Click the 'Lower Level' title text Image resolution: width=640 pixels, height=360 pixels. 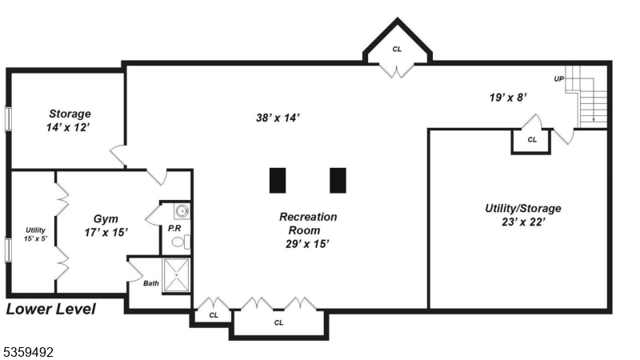(51, 309)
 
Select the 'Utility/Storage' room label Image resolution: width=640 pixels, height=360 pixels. (523, 208)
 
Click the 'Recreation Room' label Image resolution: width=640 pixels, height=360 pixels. (308, 223)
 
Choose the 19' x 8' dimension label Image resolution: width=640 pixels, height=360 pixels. (508, 97)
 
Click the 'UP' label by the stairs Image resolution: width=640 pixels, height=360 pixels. (558, 78)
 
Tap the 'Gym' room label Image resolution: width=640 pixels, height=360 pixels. (106, 218)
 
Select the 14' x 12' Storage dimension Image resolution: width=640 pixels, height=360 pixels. (70, 127)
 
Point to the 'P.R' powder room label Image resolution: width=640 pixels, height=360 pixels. (174, 228)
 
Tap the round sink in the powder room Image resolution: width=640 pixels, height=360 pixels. (182, 212)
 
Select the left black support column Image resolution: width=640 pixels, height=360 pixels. (278, 180)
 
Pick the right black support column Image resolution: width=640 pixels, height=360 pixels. (338, 180)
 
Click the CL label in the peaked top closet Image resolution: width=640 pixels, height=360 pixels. (397, 50)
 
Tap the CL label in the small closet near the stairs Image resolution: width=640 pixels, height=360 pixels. (532, 140)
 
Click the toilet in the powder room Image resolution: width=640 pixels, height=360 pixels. (178, 239)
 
